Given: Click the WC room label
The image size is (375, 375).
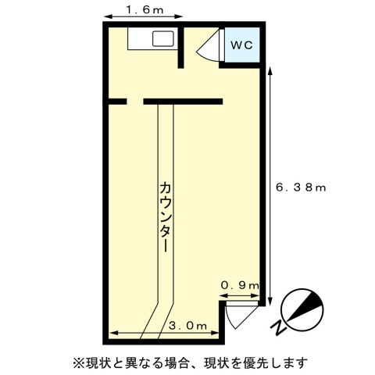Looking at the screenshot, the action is point(241,45).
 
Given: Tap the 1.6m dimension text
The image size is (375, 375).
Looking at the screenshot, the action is point(145,10).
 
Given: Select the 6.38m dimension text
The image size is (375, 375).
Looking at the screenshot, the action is point(301,187).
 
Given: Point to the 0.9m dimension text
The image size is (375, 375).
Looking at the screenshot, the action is point(240,286).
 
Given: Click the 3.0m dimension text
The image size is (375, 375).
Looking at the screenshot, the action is point(188,326).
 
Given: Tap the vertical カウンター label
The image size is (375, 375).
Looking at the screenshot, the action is point(165,217).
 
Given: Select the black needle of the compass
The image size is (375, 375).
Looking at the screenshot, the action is point(306,306).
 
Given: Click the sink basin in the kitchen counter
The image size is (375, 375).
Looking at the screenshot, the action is point(162,39).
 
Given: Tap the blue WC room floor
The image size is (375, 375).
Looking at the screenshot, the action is point(242,45).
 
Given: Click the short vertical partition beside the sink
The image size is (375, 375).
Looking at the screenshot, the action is point(180,48).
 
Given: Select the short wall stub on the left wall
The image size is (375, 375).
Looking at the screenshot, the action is point(117,102).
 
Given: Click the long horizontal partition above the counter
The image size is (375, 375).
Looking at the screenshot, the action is point(183,102).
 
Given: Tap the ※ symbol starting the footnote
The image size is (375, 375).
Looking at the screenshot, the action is point(78,362).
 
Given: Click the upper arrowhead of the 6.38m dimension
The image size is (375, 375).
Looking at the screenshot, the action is point(270,71).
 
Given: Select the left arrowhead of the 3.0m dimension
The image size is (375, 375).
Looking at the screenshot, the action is point(113,333).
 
